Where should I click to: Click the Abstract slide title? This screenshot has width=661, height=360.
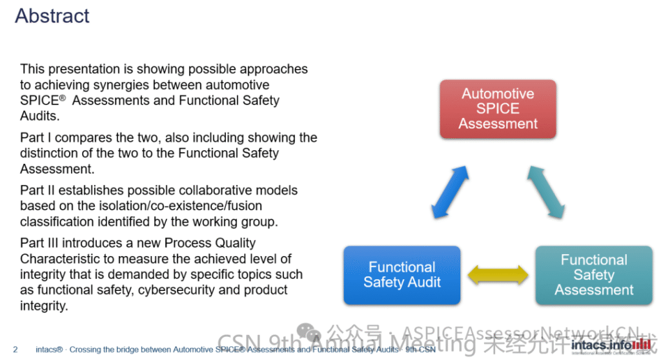pos(52,15)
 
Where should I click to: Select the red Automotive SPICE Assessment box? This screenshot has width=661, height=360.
pos(498,108)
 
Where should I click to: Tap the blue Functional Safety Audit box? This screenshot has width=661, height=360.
pos(402,274)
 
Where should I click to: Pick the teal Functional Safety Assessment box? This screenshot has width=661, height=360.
pos(593,275)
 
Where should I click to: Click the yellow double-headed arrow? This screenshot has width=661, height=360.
pos(497,275)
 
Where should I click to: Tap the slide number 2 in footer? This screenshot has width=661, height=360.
pos(15,350)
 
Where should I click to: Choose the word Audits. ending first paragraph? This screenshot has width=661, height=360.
pos(39,116)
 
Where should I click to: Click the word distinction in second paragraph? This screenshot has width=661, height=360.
pos(52,154)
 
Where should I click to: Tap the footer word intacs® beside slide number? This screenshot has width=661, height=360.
pos(49,350)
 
